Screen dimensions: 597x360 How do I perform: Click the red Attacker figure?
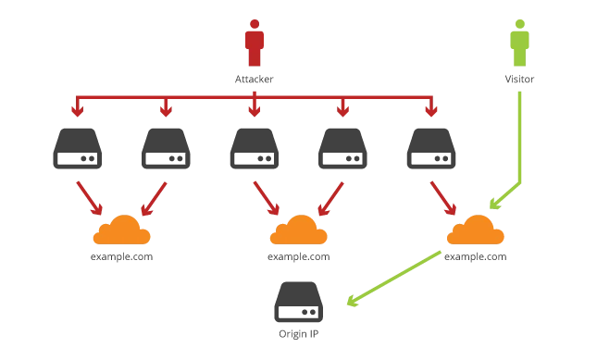pos(255,43)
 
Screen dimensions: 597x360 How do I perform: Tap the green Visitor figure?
pos(519,43)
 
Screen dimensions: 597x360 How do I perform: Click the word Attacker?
pos(254,80)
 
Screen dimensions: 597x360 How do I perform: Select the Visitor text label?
pos(519,80)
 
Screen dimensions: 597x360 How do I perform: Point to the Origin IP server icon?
pos(298,302)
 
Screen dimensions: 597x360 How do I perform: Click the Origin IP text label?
pos(298,334)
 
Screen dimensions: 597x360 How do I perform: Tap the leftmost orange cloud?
pos(122,230)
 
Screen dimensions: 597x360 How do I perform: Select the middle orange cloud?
pos(298,230)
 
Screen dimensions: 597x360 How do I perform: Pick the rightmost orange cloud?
pos(475,230)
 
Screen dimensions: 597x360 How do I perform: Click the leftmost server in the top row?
pos(78,148)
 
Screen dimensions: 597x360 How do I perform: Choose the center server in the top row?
pos(255,148)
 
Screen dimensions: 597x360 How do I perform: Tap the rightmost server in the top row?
pos(431,148)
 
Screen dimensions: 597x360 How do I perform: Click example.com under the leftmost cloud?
pos(122,257)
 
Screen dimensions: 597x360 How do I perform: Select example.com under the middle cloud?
pos(298,257)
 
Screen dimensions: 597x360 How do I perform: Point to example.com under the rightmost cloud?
pos(476,257)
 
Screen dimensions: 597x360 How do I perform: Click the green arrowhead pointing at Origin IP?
pos(353,301)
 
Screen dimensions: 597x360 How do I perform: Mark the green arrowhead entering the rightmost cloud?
pos(495,204)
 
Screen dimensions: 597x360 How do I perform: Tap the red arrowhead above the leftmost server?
pos(78,111)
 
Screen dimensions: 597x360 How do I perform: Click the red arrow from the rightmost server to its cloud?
pos(443,198)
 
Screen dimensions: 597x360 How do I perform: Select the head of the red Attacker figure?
pos(255,24)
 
